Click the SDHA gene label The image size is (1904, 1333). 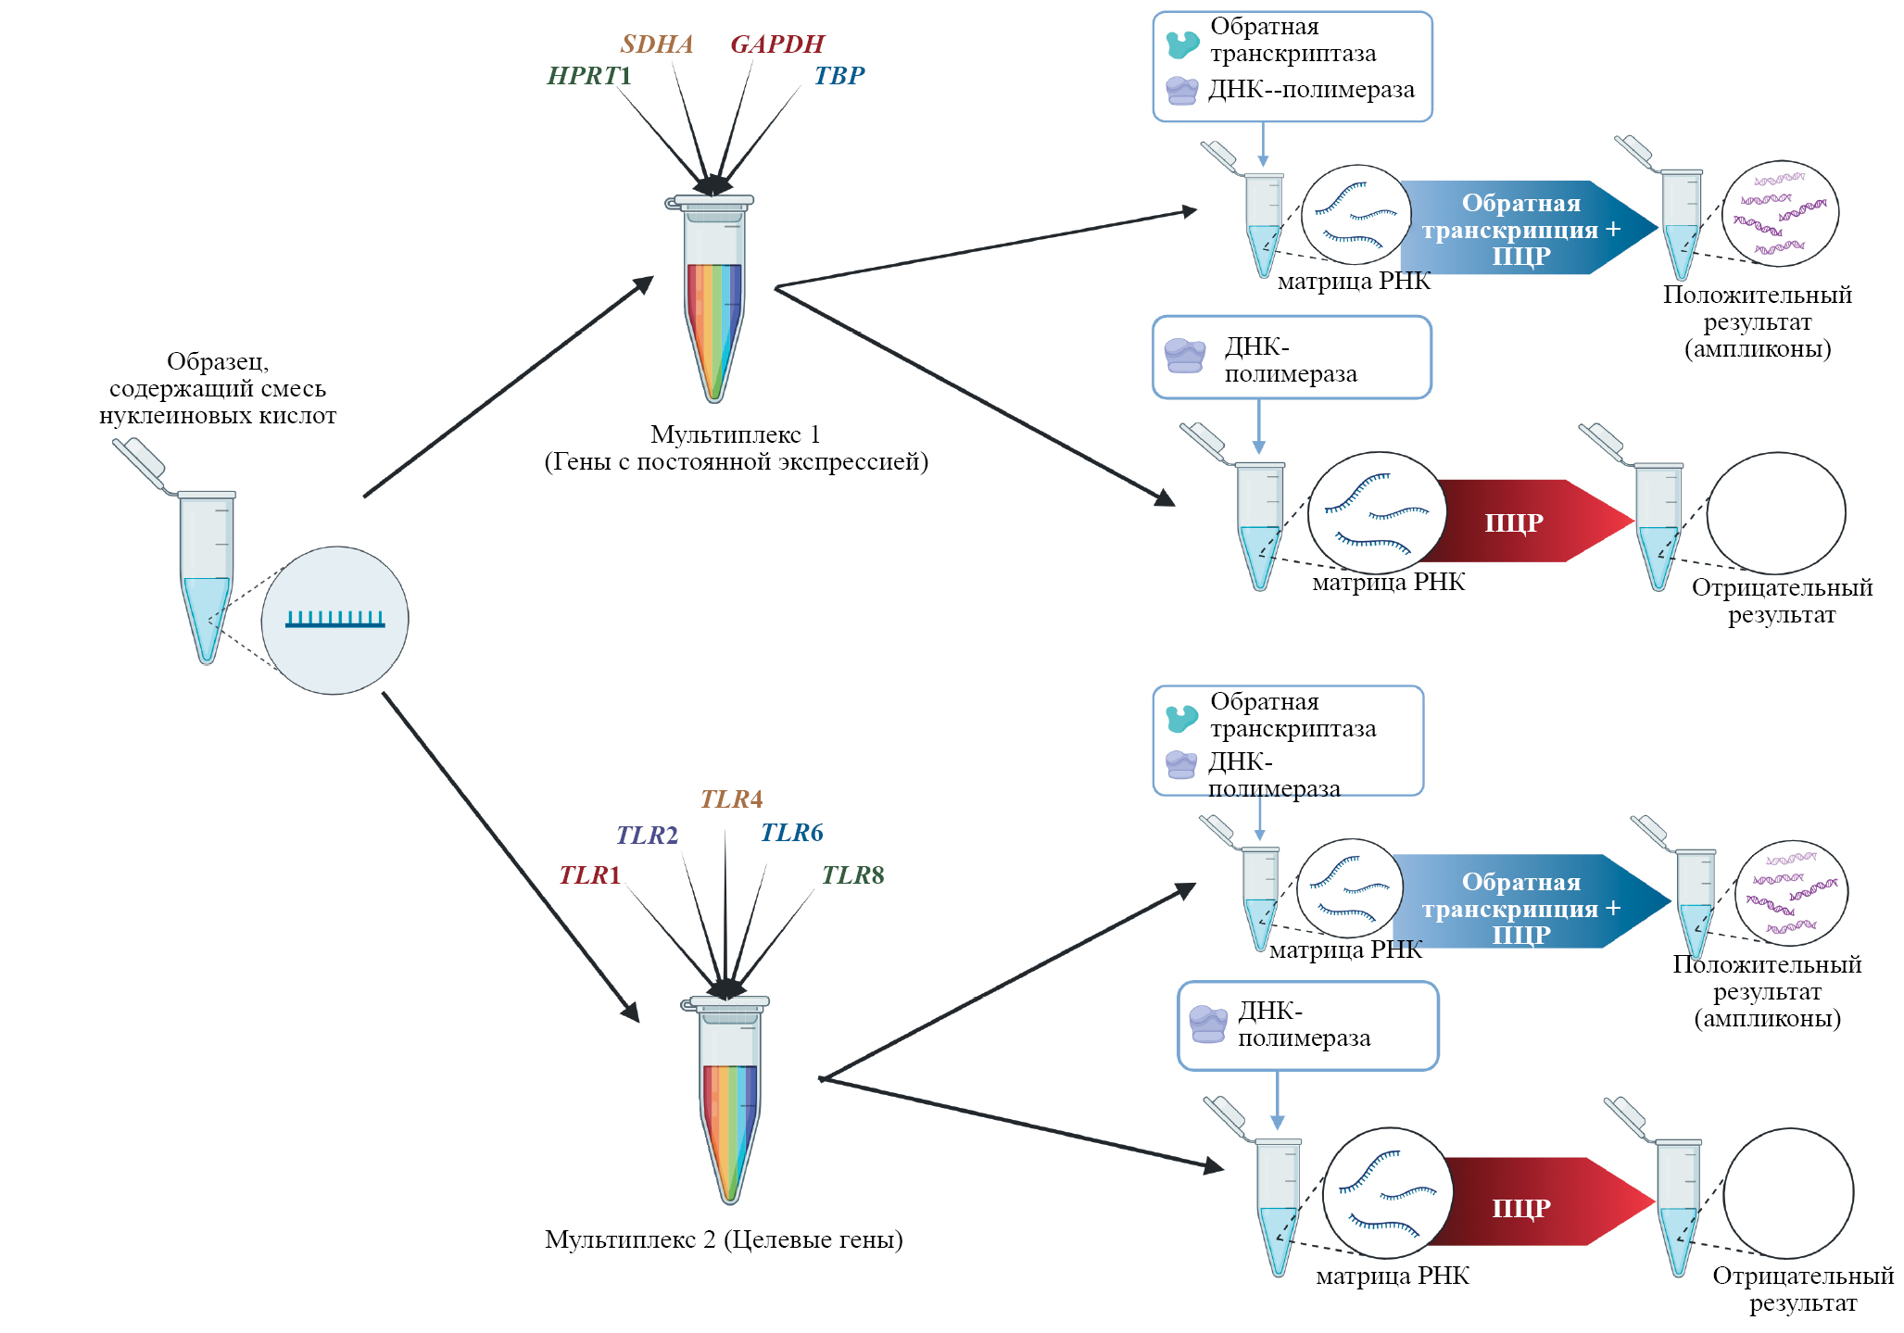pyautogui.click(x=656, y=44)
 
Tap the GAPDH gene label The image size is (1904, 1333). pyautogui.click(x=776, y=44)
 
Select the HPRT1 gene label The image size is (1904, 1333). pyautogui.click(x=589, y=76)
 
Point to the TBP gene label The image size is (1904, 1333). pyautogui.click(x=839, y=76)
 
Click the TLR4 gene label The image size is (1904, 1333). pyautogui.click(x=731, y=799)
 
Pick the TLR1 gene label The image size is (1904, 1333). pyautogui.click(x=589, y=875)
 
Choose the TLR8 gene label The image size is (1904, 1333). pyautogui.click(x=852, y=875)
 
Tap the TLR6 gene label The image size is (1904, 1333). pyautogui.click(x=791, y=833)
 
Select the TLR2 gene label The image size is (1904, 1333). pyautogui.click(x=647, y=836)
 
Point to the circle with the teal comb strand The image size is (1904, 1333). pyautogui.click(x=334, y=620)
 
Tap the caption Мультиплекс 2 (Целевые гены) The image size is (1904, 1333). pyautogui.click(x=724, y=1239)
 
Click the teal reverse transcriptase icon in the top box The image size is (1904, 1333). pyautogui.click(x=1182, y=44)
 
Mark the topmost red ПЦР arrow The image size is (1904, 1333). pyautogui.click(x=1529, y=522)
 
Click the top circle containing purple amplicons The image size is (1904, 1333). pyautogui.click(x=1780, y=214)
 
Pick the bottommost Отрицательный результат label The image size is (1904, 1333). pyautogui.click(x=1802, y=1289)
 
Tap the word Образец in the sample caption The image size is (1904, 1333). pyautogui.click(x=218, y=361)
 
